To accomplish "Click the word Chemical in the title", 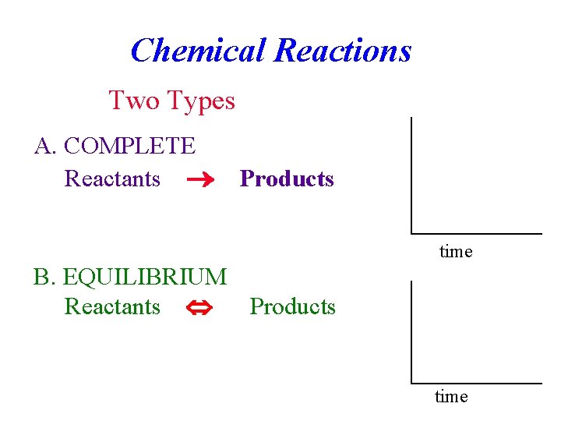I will (x=198, y=51).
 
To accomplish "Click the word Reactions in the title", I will (x=343, y=51).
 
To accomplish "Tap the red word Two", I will (x=134, y=101).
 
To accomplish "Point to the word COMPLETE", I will (x=129, y=146).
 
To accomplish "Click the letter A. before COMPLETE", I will (x=44, y=146).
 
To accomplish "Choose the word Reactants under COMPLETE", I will (x=112, y=179).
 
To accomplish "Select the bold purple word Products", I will (x=287, y=179).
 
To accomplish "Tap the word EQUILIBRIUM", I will (x=145, y=277).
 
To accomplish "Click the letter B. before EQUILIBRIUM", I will (x=44, y=277).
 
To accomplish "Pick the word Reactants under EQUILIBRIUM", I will (x=112, y=306).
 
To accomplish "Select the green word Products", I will (x=292, y=306).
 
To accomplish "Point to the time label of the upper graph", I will (x=456, y=252).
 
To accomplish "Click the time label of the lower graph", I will (x=451, y=397).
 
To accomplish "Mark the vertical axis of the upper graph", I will (x=411, y=175).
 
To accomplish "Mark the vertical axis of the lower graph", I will (x=411, y=331).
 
